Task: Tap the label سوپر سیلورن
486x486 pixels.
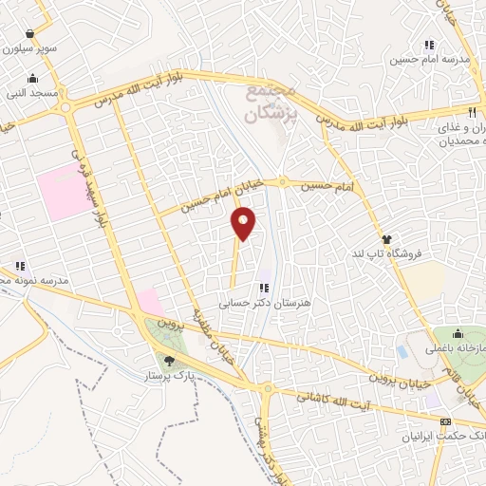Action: coord(29,47)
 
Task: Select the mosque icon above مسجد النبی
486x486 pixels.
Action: coord(34,79)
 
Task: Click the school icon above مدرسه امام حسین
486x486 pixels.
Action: coord(429,44)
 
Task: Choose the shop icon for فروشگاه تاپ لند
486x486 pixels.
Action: coord(386,239)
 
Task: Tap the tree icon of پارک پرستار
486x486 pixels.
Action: coord(169,360)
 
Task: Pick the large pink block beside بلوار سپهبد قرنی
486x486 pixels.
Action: coord(61,190)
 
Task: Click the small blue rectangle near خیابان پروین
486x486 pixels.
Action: coord(402,352)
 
